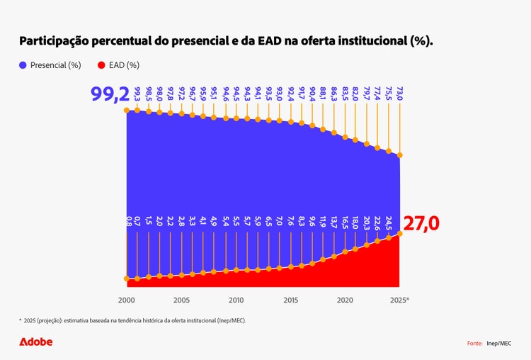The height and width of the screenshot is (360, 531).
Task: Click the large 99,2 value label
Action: point(107,95)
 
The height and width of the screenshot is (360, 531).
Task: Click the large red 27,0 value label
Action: point(421,224)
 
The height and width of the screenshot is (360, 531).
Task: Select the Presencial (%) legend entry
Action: point(50,65)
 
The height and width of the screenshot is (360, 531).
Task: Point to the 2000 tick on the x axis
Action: point(127,300)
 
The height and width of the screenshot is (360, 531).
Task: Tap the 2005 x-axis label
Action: point(181,300)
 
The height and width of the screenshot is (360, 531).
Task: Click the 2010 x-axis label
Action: point(236,300)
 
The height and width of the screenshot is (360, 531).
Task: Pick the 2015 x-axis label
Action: point(291,300)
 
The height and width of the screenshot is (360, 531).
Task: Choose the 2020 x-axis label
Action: point(346,300)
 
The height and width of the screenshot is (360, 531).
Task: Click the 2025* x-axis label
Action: point(400,300)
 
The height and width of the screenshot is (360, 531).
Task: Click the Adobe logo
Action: point(35,342)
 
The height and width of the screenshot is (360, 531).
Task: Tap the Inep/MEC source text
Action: point(498,343)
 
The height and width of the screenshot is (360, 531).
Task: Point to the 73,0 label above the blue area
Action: point(400,94)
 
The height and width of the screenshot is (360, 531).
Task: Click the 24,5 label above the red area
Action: point(389,225)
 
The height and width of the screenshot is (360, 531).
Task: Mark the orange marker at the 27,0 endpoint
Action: point(400,234)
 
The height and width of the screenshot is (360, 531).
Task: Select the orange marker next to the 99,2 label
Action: point(127,111)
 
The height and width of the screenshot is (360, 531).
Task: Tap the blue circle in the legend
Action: point(23,65)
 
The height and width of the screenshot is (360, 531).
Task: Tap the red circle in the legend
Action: point(101,65)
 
